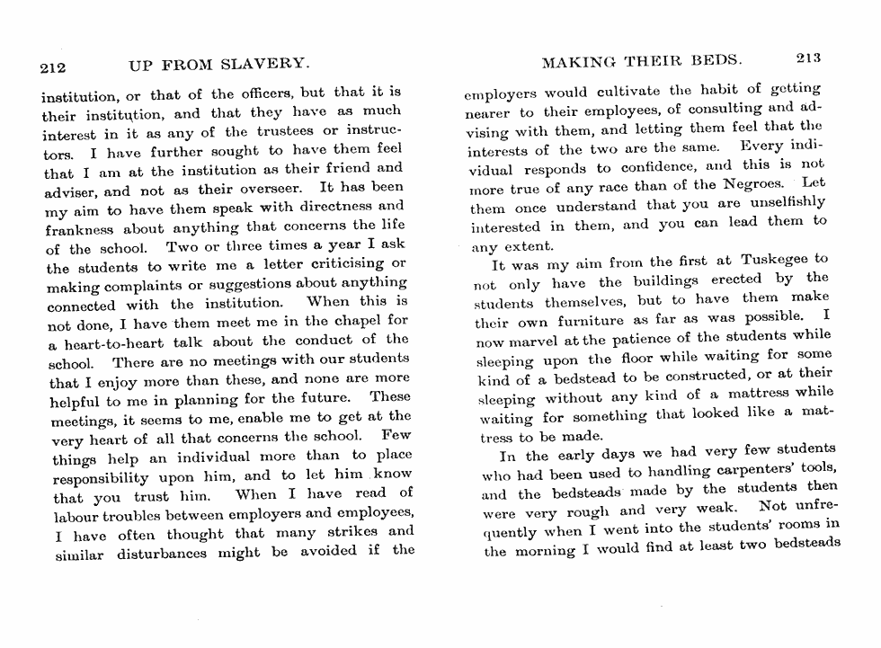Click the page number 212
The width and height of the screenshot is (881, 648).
click(55, 67)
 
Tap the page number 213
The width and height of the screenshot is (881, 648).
click(808, 59)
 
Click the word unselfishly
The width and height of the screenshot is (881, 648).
click(781, 203)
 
